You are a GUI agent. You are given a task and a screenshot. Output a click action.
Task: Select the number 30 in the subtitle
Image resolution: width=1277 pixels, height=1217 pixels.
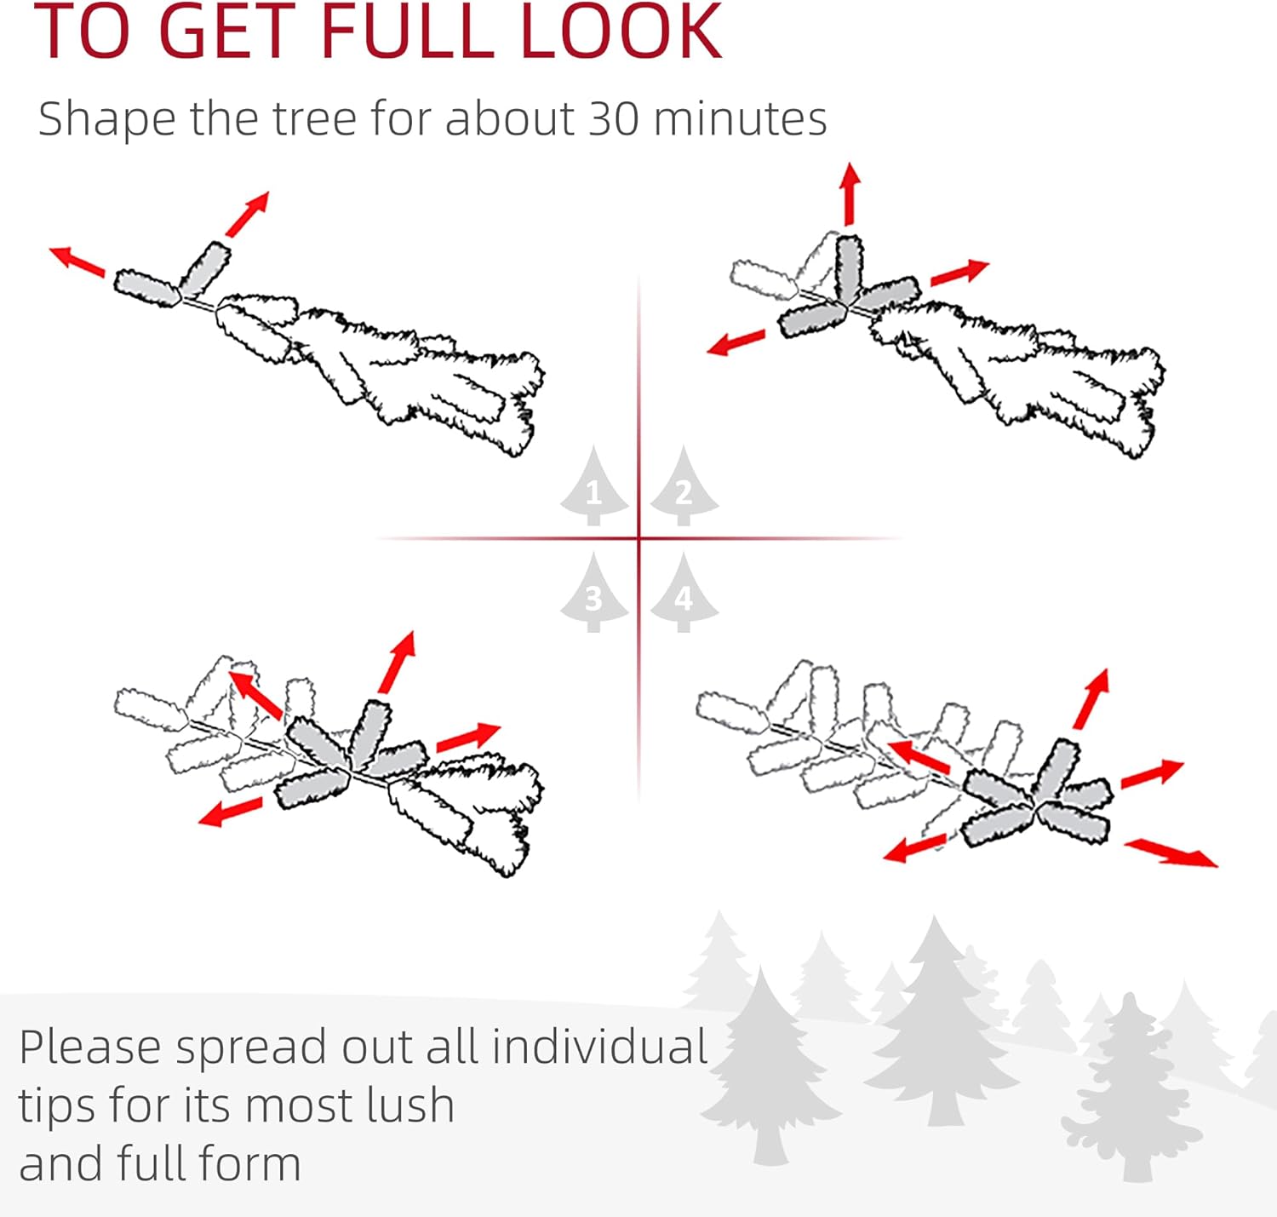614,119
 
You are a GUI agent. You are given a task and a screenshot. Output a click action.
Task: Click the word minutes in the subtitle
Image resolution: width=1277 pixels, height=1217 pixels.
741,119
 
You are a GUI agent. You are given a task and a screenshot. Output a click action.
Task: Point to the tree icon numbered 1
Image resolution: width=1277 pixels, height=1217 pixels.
593,486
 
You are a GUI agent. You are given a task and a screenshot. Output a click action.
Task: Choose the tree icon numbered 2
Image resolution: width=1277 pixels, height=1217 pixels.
684,486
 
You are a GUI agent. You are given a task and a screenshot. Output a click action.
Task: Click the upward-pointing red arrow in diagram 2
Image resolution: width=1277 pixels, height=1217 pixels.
849,193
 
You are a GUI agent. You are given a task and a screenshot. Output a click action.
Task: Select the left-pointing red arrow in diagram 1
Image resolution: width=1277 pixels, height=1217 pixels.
77,261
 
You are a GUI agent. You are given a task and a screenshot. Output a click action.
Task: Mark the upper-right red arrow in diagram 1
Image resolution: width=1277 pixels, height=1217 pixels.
248,214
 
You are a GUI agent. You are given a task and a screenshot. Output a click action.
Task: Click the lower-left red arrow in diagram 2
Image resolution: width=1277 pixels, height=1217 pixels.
736,342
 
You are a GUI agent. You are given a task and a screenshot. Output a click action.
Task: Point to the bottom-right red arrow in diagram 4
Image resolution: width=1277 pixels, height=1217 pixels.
1171,852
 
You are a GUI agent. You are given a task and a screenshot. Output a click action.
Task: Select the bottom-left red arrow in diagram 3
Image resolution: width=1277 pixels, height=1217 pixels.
230,812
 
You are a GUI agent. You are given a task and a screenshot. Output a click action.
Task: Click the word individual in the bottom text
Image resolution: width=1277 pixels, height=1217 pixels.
599,1047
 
